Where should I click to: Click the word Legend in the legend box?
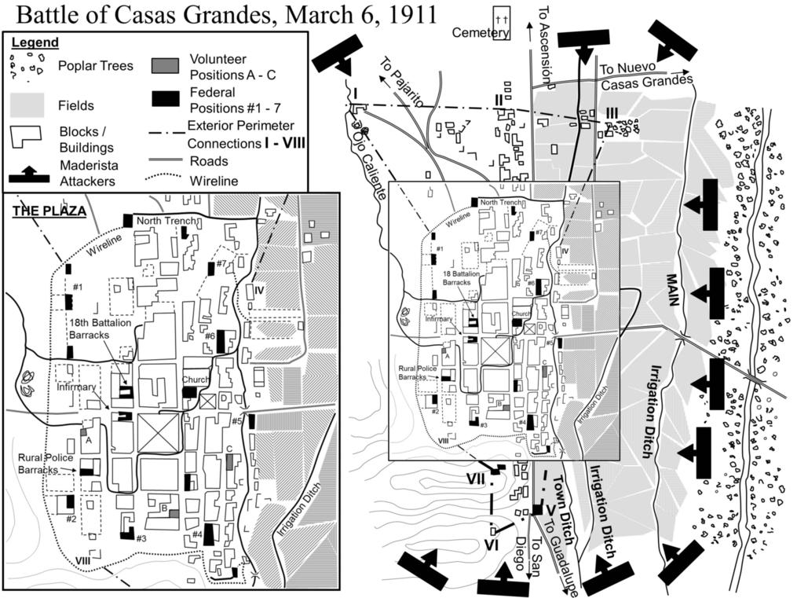[x=35, y=42]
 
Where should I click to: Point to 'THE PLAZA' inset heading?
[x=49, y=211]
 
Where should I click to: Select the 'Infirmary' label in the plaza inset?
[x=75, y=387]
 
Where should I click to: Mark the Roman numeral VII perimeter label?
[x=477, y=478]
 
